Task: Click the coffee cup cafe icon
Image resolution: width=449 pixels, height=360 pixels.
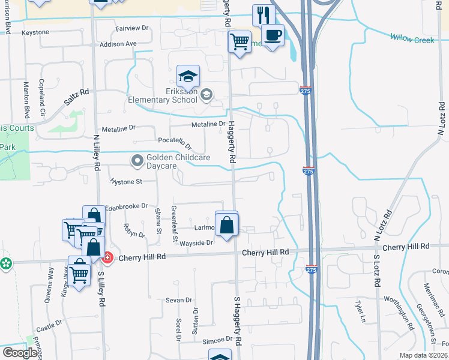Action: [273, 35]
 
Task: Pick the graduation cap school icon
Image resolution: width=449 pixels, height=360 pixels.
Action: [188, 76]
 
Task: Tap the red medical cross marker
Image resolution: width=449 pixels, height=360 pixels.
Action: [107, 258]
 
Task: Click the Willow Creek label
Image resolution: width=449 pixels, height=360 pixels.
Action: [412, 38]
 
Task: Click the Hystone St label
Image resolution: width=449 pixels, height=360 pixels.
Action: [125, 181]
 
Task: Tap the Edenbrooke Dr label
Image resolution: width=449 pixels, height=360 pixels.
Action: [126, 206]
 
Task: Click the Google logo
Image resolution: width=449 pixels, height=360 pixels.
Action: [20, 352]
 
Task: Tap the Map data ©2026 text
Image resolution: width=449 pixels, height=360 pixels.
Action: [423, 355]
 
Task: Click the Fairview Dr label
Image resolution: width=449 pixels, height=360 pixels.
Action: [131, 28]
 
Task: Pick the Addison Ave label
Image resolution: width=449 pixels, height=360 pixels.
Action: [118, 44]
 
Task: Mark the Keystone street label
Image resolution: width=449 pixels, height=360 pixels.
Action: [35, 32]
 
